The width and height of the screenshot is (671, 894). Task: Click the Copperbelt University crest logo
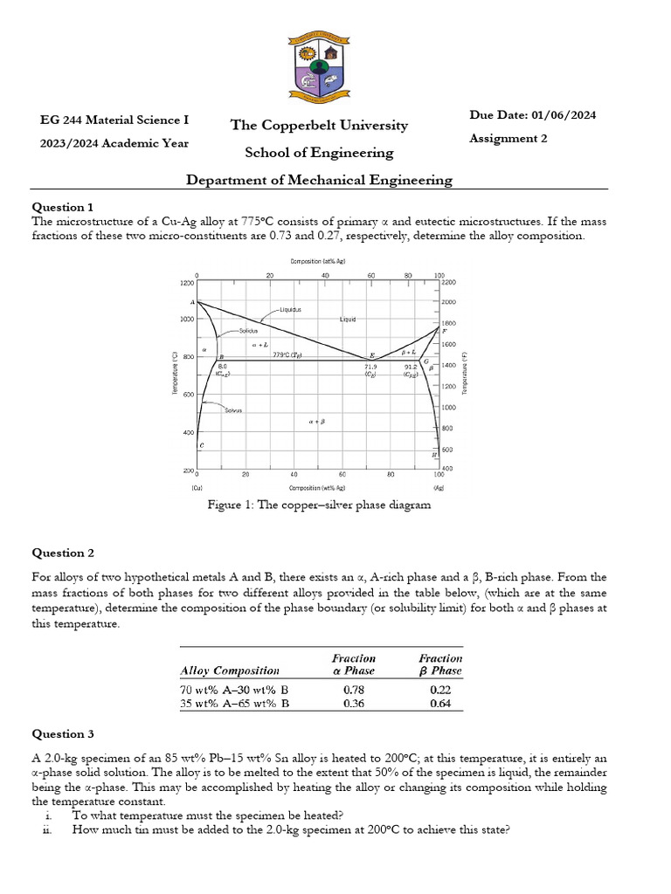click(320, 66)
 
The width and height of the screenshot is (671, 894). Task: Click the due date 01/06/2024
click(565, 115)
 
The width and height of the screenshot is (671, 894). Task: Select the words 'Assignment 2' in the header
click(508, 139)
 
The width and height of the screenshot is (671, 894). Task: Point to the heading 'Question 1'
click(62, 207)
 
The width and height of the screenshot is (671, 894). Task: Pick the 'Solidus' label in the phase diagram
click(250, 331)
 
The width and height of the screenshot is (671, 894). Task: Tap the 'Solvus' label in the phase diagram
click(232, 410)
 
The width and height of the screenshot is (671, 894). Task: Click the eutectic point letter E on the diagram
click(372, 354)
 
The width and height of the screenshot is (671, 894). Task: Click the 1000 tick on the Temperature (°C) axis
click(186, 320)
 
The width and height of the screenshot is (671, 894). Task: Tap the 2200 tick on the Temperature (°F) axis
click(448, 283)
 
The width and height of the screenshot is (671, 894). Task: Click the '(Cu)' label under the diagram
click(198, 488)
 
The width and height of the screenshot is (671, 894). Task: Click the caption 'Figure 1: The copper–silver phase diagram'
click(319, 505)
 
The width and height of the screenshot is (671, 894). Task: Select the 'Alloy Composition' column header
click(230, 670)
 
